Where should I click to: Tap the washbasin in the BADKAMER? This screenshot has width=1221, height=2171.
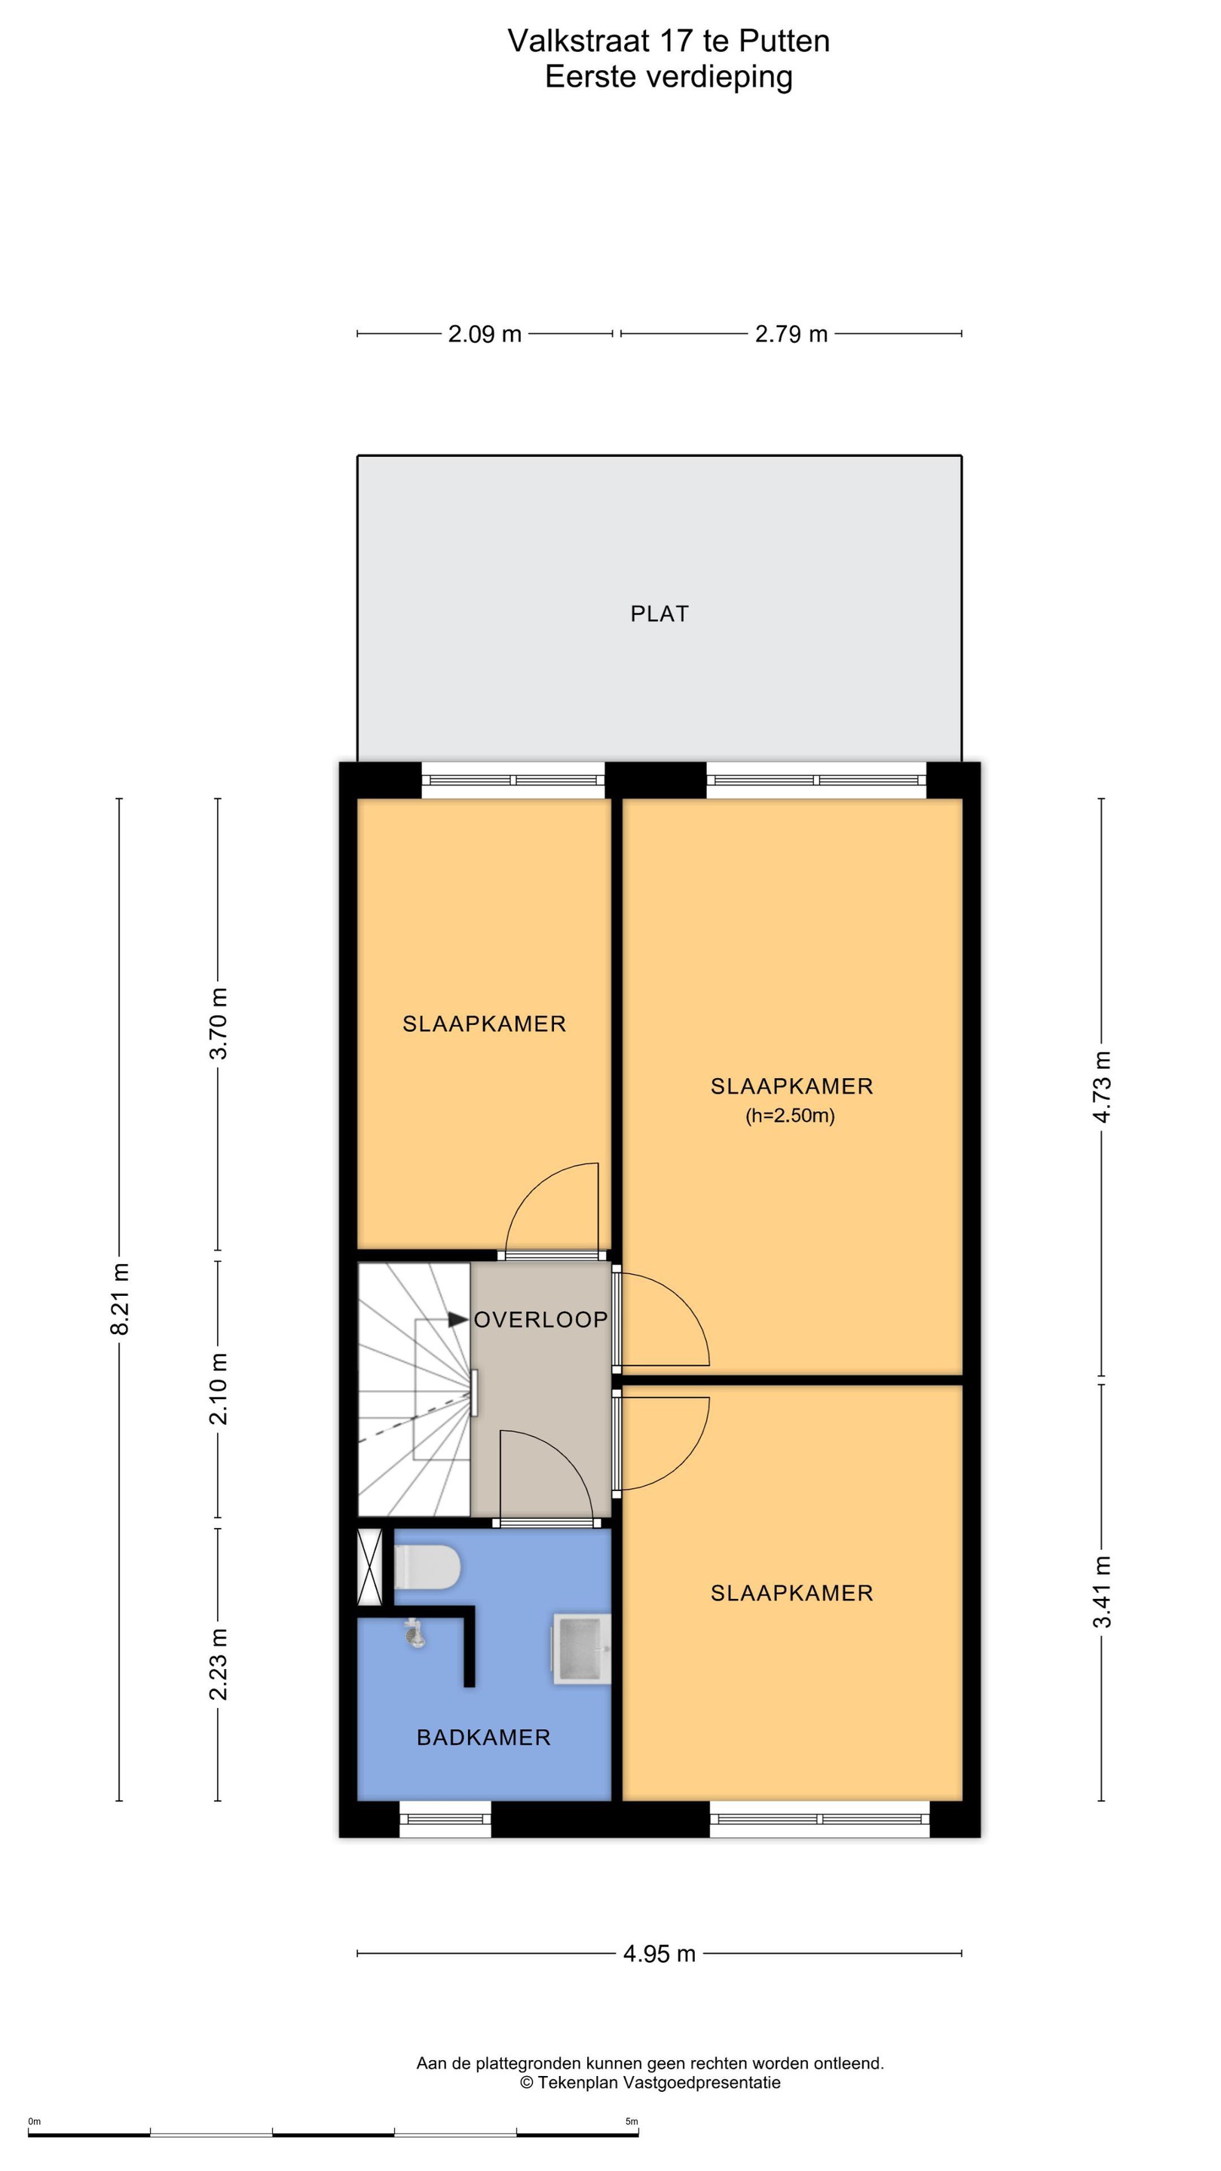pos(581,1649)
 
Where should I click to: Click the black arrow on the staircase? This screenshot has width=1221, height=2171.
pos(457,1320)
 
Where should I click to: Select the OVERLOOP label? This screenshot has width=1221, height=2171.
pos(540,1320)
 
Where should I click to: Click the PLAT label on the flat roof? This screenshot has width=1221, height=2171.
pos(659,614)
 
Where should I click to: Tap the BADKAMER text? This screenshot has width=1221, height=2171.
pos(484,1737)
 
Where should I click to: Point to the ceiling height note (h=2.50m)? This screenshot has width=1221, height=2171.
pos(790,1116)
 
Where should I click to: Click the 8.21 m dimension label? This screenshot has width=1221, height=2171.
pos(120,1299)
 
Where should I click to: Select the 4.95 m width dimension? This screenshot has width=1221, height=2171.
pos(659,1954)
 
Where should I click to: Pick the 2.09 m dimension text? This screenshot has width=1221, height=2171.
pos(485,334)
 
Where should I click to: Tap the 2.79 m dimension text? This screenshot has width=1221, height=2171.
pos(791,334)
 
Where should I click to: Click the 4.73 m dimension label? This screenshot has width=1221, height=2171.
pos(1102,1087)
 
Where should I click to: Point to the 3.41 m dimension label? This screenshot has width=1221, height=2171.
pos(1102,1592)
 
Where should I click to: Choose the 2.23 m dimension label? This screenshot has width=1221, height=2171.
pos(219,1664)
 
